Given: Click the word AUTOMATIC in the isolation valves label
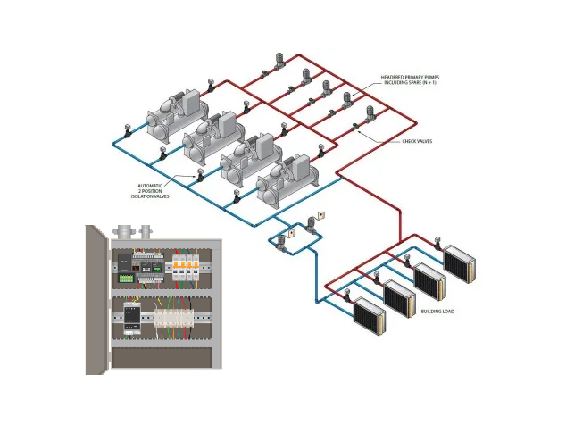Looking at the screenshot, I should click(x=151, y=185).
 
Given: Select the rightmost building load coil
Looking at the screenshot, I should click(x=460, y=262).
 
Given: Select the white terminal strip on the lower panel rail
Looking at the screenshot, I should click(x=169, y=321).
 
